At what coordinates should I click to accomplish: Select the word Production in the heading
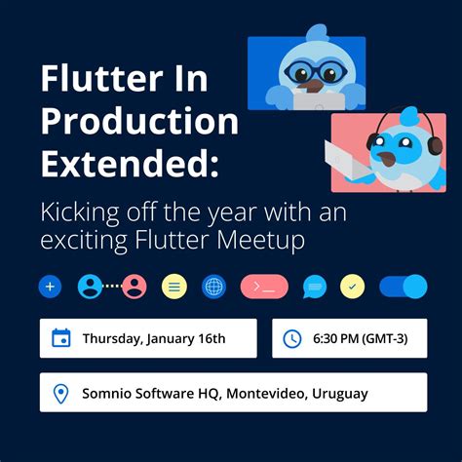click(139, 122)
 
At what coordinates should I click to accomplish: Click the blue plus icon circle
click(51, 287)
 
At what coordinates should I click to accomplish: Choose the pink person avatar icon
click(135, 287)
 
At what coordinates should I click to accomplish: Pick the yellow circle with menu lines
click(174, 287)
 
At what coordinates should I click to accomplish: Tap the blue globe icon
click(214, 287)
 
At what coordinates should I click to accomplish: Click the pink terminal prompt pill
click(264, 287)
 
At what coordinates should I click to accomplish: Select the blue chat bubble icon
click(314, 287)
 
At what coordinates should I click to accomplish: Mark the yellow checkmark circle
click(352, 287)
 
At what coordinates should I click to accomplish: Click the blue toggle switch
click(403, 287)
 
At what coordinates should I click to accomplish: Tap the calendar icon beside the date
click(61, 338)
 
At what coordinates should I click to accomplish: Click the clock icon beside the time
click(291, 338)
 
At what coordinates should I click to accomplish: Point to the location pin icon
click(61, 394)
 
